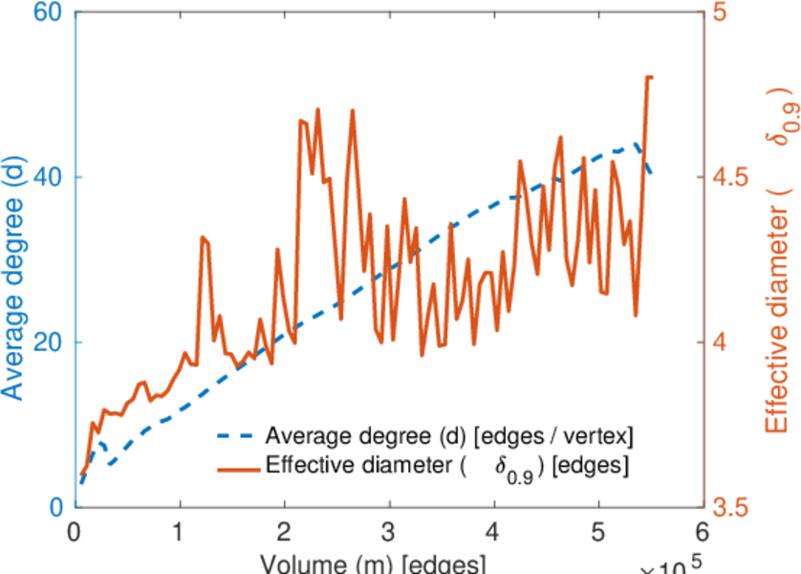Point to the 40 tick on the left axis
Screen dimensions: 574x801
tap(50, 177)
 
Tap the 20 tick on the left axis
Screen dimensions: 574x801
tap(50, 342)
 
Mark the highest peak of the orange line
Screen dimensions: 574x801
tap(649, 77)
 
